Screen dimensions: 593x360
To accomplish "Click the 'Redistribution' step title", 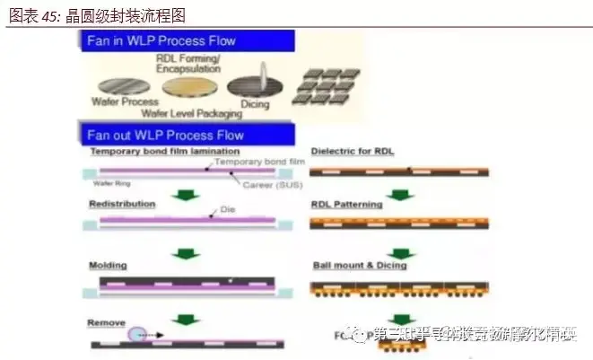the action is [x=122, y=204].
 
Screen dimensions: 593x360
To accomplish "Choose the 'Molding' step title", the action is [x=108, y=266].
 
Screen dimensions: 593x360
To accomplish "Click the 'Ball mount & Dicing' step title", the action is [x=359, y=266].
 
